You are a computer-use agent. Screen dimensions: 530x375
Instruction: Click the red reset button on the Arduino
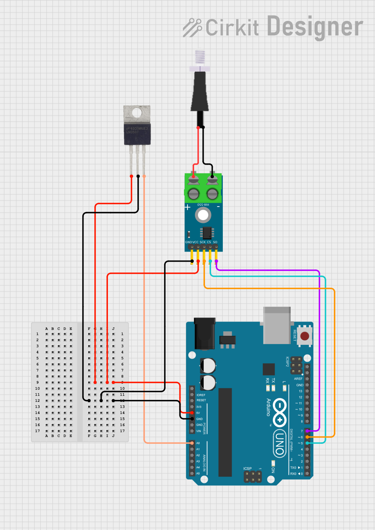coord(305,335)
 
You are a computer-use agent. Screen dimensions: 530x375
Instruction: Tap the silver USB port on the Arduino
coord(277,325)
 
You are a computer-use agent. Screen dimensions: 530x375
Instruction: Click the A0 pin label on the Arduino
coord(198,443)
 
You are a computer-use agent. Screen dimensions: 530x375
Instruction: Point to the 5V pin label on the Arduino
coord(198,413)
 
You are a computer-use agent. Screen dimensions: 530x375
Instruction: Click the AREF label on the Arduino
coord(298,379)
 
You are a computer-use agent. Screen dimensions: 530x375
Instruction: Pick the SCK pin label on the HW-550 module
coord(203,242)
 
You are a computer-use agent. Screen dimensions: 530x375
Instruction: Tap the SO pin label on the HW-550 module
coord(215,242)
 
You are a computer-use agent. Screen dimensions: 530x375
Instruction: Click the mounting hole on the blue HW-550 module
coord(203,215)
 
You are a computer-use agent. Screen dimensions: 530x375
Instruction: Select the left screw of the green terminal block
coord(193,193)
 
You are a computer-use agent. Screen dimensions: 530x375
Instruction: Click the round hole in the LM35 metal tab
coord(137,113)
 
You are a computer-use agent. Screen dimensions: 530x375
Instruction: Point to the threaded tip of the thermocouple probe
coord(200,57)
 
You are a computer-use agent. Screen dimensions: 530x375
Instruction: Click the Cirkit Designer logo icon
coord(192,28)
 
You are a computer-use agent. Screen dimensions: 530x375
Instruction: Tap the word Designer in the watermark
coord(315,27)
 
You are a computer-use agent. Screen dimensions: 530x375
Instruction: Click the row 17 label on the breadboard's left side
coord(37,431)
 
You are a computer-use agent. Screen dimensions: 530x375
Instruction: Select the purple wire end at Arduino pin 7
coord(307,431)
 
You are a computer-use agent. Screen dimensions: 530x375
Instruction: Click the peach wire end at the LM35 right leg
coord(144,176)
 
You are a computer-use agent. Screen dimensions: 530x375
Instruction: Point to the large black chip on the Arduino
coord(225,432)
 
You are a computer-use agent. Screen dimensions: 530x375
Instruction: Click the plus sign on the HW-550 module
coord(187,207)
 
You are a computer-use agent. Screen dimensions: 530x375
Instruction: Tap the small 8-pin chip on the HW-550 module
coord(207,233)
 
